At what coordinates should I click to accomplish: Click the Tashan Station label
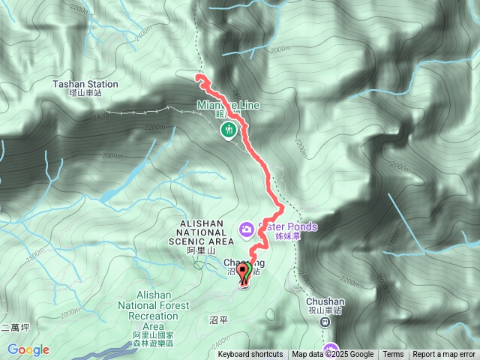[85, 85]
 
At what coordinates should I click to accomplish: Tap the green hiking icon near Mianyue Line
[227, 130]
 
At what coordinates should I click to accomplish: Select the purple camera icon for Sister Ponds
[245, 228]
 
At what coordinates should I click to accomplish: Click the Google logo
[28, 349]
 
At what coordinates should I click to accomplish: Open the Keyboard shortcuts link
[250, 355]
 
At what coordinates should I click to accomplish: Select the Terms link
[393, 355]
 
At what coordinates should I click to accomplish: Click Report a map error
[444, 355]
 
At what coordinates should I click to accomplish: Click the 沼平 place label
[217, 319]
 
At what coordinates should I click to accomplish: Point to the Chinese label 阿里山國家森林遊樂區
[153, 338]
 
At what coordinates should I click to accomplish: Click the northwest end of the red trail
[198, 76]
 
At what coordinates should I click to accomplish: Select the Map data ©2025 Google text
[333, 355]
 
